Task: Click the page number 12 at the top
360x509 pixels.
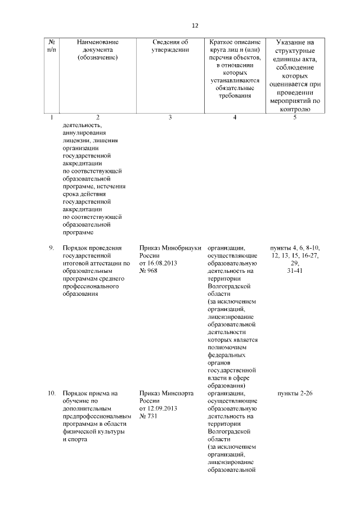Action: point(195,25)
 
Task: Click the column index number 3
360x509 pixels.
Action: point(170,117)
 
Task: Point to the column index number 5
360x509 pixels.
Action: point(295,117)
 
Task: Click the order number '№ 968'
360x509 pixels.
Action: point(148,271)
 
